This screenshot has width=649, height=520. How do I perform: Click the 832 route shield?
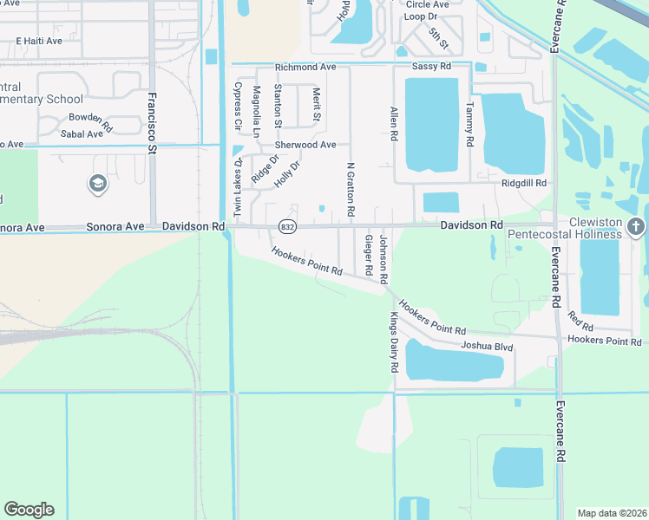click(285, 226)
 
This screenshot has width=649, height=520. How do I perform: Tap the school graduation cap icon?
click(97, 184)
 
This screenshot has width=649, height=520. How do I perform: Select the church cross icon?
click(636, 227)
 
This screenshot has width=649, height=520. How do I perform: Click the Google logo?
click(29, 510)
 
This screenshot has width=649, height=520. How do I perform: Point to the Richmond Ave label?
click(305, 67)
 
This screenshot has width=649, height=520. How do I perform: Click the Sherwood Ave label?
click(305, 145)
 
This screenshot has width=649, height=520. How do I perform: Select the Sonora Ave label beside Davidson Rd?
click(115, 226)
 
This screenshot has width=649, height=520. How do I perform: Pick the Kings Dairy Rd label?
click(393, 342)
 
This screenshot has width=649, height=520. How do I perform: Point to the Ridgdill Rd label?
click(523, 183)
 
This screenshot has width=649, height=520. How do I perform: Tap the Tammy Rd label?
click(469, 122)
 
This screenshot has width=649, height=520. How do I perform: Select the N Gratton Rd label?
click(351, 188)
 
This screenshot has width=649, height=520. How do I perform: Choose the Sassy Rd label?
click(431, 67)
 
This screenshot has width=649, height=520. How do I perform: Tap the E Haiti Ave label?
click(40, 41)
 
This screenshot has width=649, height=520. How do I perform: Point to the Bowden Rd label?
click(91, 120)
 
